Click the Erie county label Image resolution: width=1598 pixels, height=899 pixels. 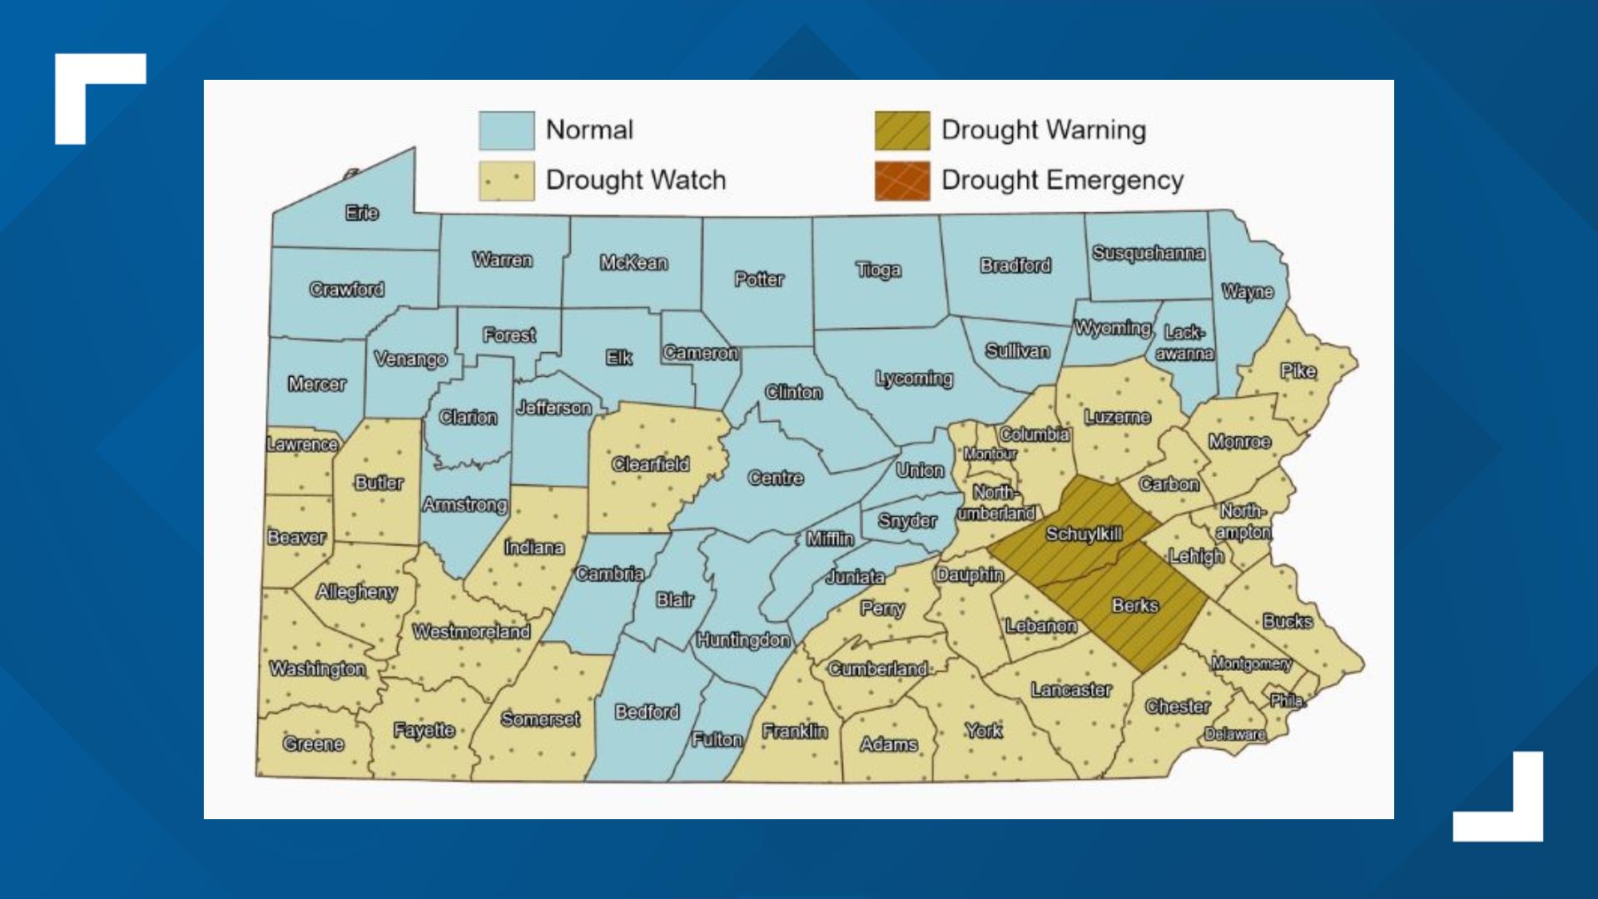pos(362,213)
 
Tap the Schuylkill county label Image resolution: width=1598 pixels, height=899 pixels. pos(1084,534)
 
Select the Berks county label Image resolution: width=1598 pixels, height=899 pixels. pos(1134,605)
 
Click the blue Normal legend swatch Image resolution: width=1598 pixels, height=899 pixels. pos(506,131)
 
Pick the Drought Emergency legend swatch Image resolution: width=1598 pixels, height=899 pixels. pos(901,181)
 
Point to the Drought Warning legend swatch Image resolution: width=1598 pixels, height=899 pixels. pos(901,131)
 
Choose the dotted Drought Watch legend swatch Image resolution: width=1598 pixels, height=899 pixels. pos(506,181)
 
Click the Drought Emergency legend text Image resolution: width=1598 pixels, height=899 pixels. pos(1062,180)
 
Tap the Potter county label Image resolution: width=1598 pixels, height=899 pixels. pos(758,279)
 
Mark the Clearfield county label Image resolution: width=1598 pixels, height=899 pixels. pos(650,464)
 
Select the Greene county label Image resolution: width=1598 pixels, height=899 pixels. pos(313,743)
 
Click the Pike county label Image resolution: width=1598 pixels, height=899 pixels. pos(1298,370)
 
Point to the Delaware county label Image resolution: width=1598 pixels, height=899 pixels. pos(1235,734)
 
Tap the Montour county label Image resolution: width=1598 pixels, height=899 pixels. pos(990,454)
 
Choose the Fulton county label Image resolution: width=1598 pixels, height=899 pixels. pos(717,739)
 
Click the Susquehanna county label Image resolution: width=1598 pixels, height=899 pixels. pos(1148,252)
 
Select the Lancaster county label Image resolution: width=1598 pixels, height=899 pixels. pos(1070,689)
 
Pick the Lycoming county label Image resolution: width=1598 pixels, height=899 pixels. pos(913,379)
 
